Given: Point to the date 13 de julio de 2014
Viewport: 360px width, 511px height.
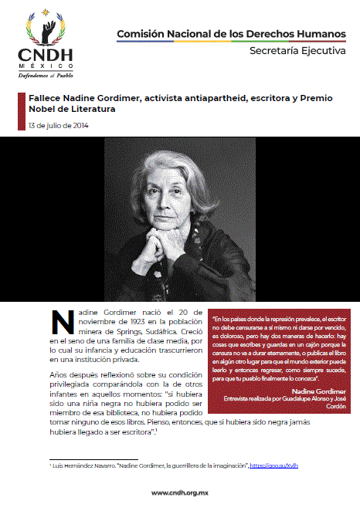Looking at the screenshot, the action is coord(57,126).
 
